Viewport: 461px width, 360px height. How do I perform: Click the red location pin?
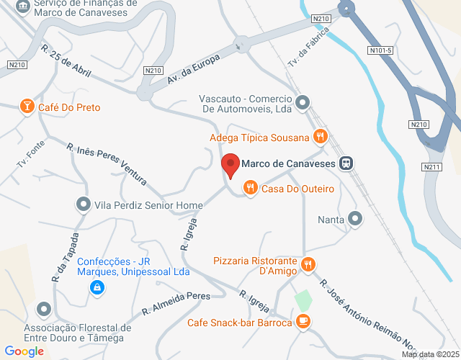click(230, 166)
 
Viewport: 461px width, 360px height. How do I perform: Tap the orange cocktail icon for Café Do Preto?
click(26, 107)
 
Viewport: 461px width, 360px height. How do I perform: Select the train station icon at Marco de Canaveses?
click(346, 163)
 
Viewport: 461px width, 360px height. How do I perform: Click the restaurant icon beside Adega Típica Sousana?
click(321, 136)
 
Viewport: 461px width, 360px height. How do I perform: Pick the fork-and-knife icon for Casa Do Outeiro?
click(250, 189)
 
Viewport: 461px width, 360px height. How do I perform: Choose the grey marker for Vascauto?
click(303, 102)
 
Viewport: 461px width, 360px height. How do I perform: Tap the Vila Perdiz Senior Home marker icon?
click(84, 205)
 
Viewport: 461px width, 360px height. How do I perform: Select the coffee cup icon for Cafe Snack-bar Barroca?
click(303, 322)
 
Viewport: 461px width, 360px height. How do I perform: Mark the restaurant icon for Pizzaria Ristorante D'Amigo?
click(308, 264)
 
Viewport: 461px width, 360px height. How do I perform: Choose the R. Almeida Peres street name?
click(175, 303)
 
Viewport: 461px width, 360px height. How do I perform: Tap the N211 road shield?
click(432, 167)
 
